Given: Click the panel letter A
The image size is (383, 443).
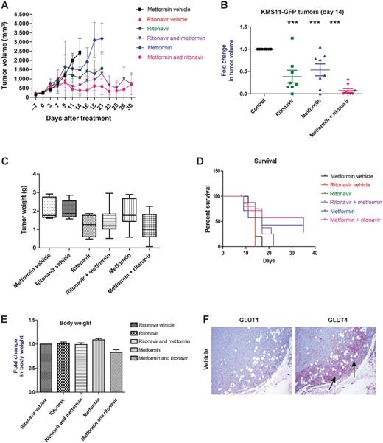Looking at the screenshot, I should pos(6,6).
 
